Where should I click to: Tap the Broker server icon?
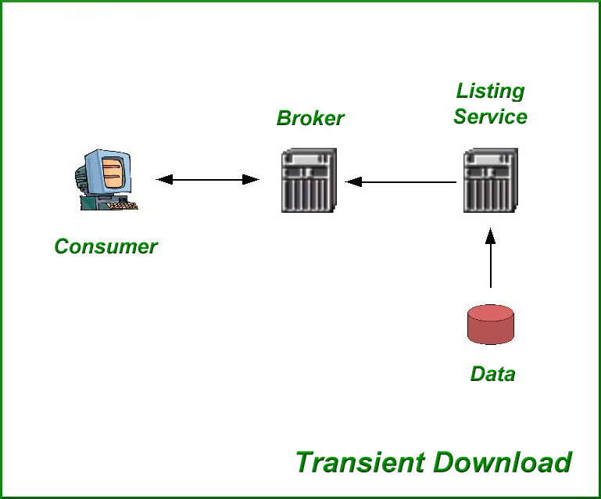click(309, 181)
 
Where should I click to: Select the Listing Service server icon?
click(491, 181)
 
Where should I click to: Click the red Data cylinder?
click(491, 325)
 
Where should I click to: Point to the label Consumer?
click(106, 246)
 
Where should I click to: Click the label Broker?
click(310, 119)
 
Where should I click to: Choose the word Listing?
click(490, 92)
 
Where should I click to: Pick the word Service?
click(490, 117)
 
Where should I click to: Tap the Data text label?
click(492, 374)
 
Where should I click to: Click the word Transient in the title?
click(360, 462)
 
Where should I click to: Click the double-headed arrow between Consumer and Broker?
click(208, 180)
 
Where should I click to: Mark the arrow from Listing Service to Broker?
click(401, 182)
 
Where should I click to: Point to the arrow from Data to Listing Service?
click(491, 258)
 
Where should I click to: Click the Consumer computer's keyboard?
click(122, 206)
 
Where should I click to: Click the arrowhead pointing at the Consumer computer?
click(163, 180)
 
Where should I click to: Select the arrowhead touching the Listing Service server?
click(491, 235)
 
